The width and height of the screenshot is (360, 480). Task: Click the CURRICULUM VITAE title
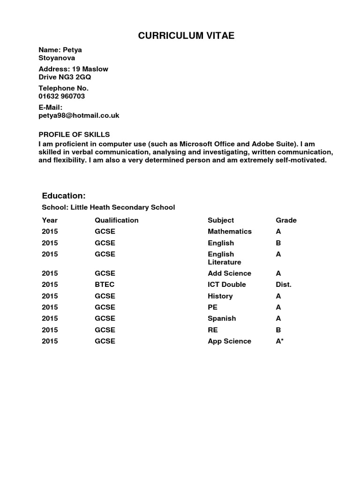coord(180,37)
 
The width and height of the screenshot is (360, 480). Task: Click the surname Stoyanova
coord(57,58)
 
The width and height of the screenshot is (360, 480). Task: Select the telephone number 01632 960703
coord(62,96)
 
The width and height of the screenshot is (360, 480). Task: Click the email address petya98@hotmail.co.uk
coord(79,115)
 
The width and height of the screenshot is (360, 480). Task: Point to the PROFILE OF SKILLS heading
coord(74,135)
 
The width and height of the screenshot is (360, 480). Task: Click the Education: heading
coord(64,195)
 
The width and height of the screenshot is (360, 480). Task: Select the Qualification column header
coord(117,220)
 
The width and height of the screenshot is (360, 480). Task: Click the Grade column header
coord(286,220)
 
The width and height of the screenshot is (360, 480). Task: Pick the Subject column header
coord(221,220)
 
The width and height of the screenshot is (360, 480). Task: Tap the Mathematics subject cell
coord(230,232)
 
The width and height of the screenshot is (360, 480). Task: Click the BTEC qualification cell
coord(105,285)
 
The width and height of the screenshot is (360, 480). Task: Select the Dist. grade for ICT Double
coord(284,285)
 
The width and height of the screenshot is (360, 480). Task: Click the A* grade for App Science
coord(280,341)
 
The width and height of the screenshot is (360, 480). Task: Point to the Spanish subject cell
coord(222,319)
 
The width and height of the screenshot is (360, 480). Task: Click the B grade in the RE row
coord(278,330)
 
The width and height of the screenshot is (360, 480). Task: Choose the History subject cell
coord(220,296)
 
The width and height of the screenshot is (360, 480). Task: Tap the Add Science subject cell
coord(229,273)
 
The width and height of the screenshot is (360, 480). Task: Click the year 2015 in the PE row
coord(50,307)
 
